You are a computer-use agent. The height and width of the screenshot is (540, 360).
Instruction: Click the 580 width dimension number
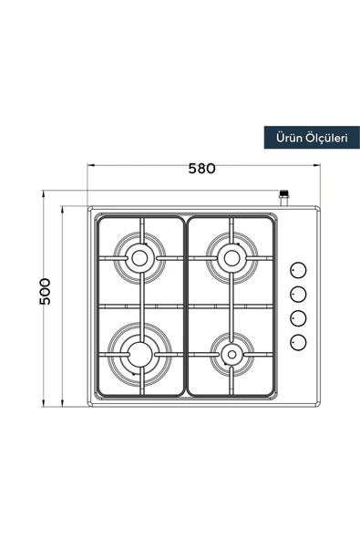coord(201,169)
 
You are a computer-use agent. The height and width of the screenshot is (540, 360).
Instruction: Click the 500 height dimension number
coord(45,291)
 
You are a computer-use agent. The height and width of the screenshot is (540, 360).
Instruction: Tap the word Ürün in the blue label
coord(289,138)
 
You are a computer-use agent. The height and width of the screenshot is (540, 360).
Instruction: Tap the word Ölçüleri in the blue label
coord(326,138)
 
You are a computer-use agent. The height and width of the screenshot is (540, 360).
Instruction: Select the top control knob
coord(298,271)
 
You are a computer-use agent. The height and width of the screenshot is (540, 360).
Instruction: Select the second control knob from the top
coord(298,295)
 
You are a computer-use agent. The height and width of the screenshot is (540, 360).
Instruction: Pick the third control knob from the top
coord(298,318)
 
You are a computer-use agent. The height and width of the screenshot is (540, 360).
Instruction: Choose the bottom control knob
coord(298,342)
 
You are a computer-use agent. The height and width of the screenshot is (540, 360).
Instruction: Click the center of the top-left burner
coord(139,258)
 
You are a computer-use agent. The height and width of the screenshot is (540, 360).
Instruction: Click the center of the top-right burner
coord(231,258)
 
